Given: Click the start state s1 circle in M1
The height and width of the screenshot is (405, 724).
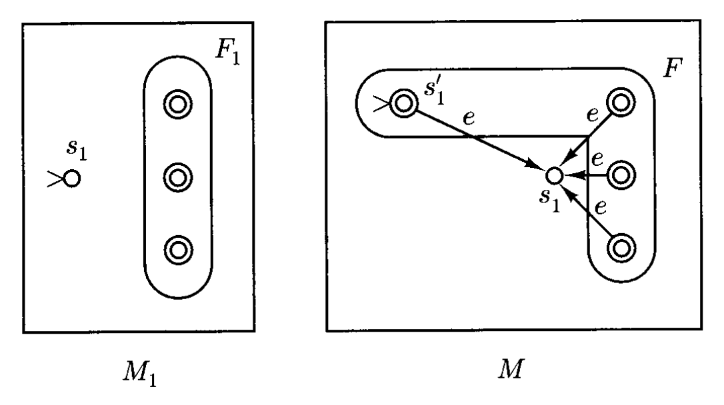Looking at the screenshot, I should (x=71, y=179).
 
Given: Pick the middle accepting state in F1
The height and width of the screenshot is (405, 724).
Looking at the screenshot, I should (x=177, y=177).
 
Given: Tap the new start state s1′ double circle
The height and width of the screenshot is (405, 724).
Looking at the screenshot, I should (x=403, y=103).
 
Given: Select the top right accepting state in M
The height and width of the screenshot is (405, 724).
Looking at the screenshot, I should (x=621, y=103).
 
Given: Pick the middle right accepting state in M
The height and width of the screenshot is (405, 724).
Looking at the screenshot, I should (x=621, y=175).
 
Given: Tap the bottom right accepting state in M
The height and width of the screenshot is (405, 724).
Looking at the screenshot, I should (x=621, y=248).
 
